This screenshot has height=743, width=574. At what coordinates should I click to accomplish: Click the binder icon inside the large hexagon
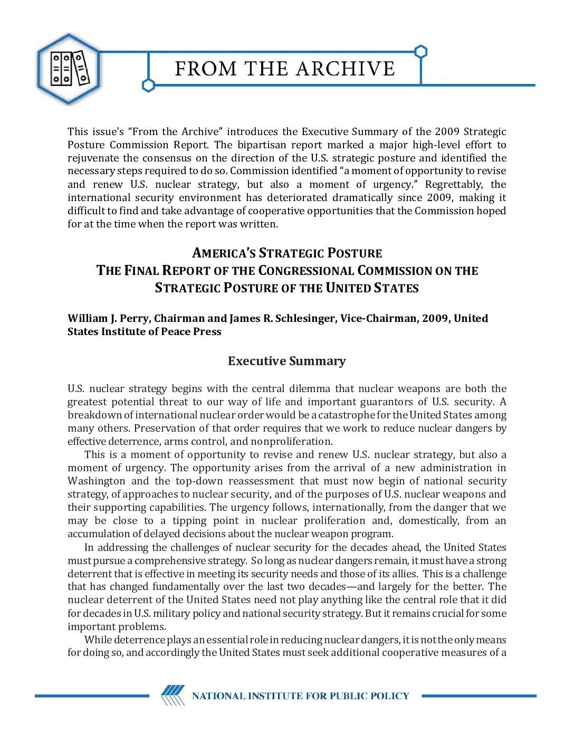click(69, 69)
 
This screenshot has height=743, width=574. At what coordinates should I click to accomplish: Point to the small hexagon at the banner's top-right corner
click(420, 52)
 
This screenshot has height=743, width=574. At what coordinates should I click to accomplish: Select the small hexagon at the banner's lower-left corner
click(148, 85)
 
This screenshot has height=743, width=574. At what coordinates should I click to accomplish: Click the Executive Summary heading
click(286, 361)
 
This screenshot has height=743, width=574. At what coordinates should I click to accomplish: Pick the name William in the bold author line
click(88, 318)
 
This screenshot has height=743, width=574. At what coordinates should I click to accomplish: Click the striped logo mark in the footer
click(173, 695)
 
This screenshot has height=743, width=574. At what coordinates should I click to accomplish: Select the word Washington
click(97, 481)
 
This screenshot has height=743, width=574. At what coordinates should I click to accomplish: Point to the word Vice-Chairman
click(378, 318)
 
